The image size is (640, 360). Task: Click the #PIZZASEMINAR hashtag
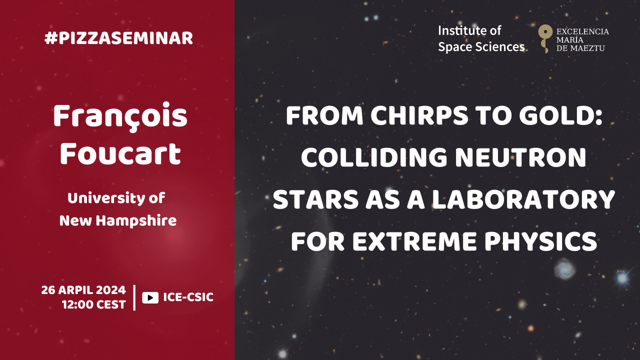pyautogui.click(x=118, y=38)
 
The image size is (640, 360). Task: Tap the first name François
pyautogui.click(x=120, y=116)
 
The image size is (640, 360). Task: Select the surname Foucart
pyautogui.click(x=120, y=154)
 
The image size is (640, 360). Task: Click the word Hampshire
pyautogui.click(x=136, y=221)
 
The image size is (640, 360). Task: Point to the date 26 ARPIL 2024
pyautogui.click(x=83, y=290)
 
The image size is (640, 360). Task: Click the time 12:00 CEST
pyautogui.click(x=94, y=304)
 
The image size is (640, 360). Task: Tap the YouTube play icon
pyautogui.click(x=150, y=297)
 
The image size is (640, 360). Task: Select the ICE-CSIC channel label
pyautogui.click(x=188, y=297)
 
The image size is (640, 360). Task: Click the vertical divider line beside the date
pyautogui.click(x=134, y=297)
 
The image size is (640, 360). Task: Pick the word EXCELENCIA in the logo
pyautogui.click(x=582, y=31)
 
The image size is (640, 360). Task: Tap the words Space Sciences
pyautogui.click(x=481, y=47)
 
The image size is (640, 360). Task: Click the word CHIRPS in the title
pyautogui.click(x=419, y=115)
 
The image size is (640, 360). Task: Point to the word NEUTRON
pyautogui.click(x=520, y=157)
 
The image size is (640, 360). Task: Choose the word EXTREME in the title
pyautogui.click(x=414, y=241)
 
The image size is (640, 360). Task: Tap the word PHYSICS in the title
pyautogui.click(x=540, y=241)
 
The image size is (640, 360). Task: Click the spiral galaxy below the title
pyautogui.click(x=564, y=269)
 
